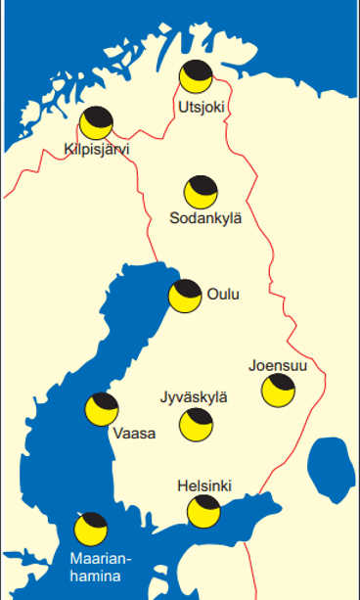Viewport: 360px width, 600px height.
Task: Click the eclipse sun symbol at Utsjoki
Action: (196, 76)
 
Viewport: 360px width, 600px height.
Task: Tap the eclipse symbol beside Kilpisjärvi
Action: (97, 123)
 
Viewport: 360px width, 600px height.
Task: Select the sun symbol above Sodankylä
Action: (202, 192)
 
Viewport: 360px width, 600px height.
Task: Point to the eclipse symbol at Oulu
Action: (185, 295)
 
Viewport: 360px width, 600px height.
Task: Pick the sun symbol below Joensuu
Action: (278, 391)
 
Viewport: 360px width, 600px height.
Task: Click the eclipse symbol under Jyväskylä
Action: (197, 423)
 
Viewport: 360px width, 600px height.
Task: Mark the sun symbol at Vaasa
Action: (103, 408)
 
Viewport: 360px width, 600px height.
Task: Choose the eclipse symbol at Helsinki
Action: (204, 510)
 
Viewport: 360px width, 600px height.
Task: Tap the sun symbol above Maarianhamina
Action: (92, 529)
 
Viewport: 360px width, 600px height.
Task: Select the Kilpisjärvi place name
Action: (96, 150)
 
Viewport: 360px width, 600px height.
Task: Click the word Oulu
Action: (223, 295)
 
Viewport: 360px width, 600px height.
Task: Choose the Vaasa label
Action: (134, 434)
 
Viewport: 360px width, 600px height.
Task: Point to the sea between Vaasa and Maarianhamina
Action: (59, 470)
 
